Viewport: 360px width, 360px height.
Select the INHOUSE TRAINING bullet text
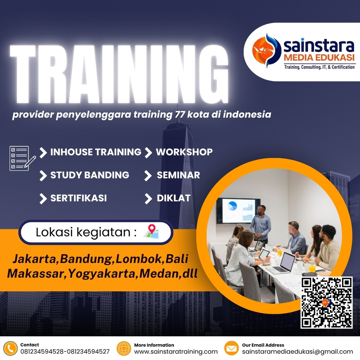click(96, 152)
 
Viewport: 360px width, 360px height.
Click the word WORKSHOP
click(184, 152)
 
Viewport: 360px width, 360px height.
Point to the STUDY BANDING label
click(90, 175)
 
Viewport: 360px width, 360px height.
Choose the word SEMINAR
click(178, 175)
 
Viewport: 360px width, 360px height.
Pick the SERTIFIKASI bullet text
click(78, 198)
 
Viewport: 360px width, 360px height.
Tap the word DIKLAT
click(174, 198)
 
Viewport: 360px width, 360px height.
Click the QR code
click(327, 302)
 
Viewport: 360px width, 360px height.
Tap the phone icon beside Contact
click(11, 348)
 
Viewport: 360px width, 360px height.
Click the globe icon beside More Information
click(124, 348)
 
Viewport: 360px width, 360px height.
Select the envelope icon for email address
click(231, 348)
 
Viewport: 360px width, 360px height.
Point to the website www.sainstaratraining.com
click(176, 352)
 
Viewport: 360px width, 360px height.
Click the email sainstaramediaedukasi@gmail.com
click(297, 352)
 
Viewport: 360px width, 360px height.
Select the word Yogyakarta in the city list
click(103, 273)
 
